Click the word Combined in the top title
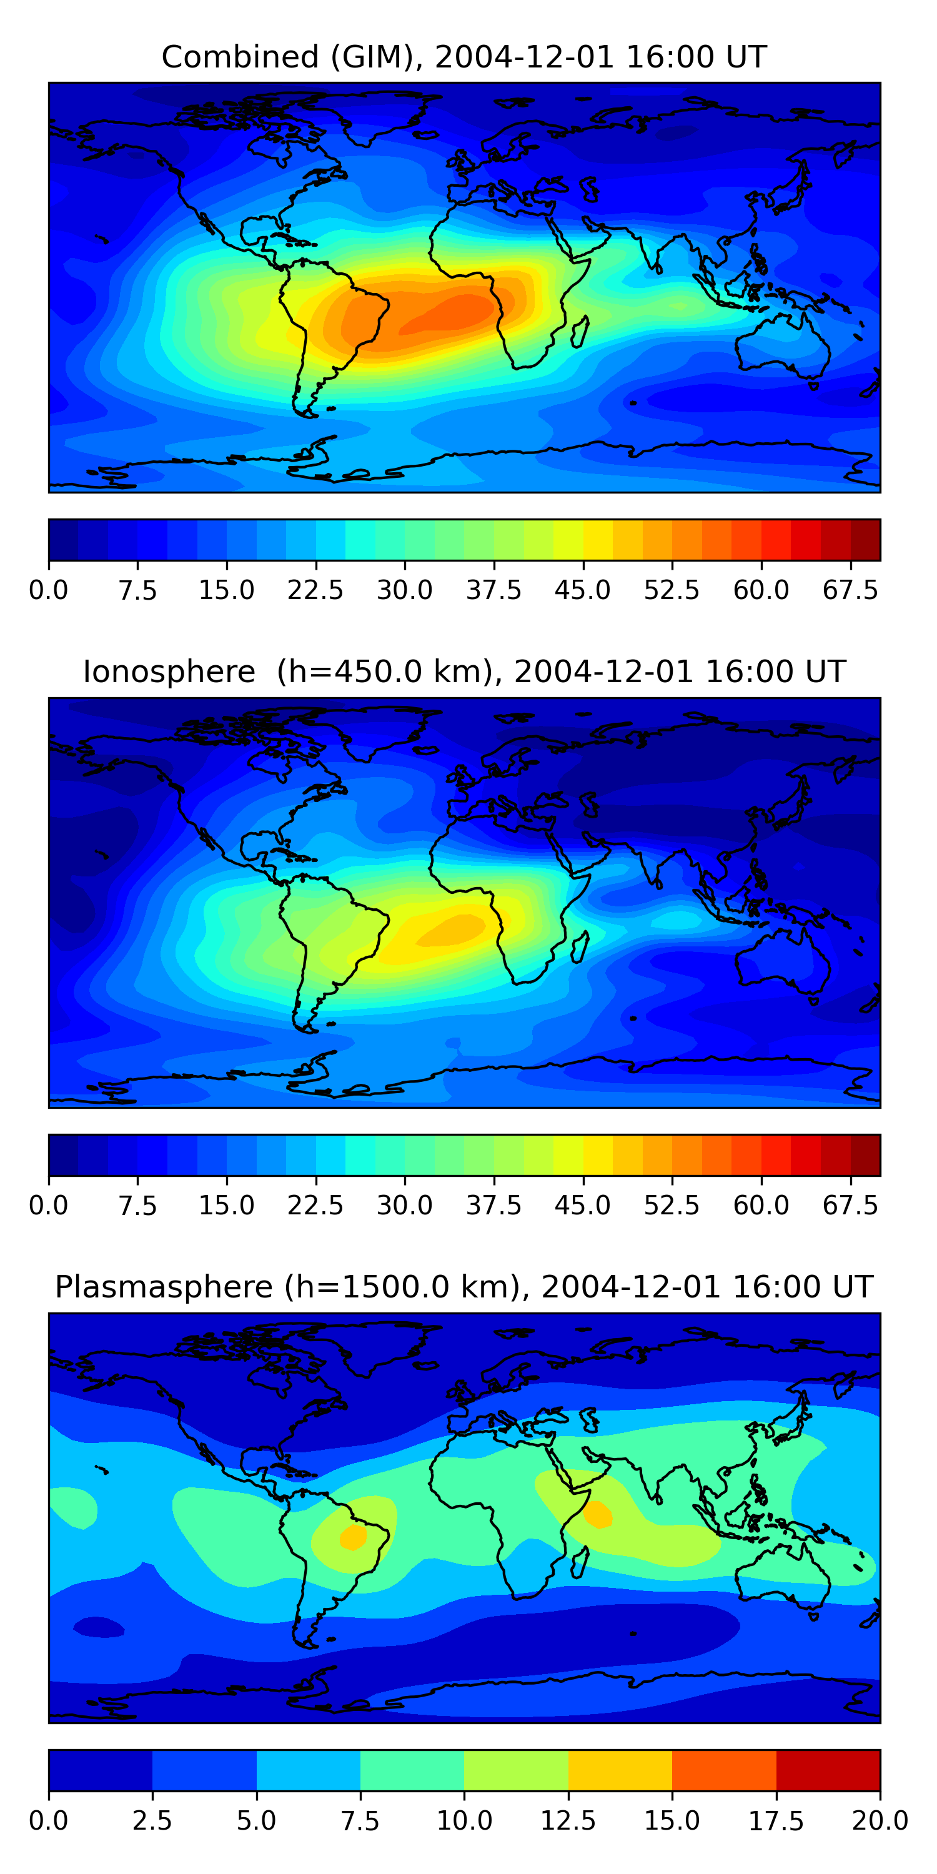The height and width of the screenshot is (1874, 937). click(x=240, y=57)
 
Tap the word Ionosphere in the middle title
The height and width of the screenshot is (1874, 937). click(x=169, y=672)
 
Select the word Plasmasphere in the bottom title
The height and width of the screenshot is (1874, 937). click(x=164, y=1287)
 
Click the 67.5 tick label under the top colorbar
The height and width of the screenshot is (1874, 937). click(x=850, y=590)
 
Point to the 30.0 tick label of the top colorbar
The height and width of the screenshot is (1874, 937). click(x=405, y=590)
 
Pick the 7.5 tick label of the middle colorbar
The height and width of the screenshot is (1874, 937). click(x=137, y=1206)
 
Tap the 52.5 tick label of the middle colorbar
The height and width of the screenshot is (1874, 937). click(x=672, y=1206)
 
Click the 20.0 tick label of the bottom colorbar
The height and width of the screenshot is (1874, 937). click(x=880, y=1821)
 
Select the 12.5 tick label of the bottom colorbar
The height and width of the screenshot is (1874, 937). click(x=568, y=1821)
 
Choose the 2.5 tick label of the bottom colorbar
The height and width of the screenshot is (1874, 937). click(x=152, y=1821)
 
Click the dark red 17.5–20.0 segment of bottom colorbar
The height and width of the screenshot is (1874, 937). click(x=828, y=1770)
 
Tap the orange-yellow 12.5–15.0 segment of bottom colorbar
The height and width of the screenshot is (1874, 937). click(x=620, y=1770)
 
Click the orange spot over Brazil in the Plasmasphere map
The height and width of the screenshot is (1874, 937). click(x=354, y=1537)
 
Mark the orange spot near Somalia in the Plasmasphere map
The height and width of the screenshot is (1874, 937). click(x=598, y=1514)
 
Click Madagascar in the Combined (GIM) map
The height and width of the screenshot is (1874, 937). click(x=580, y=332)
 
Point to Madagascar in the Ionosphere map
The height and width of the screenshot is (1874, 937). click(x=580, y=947)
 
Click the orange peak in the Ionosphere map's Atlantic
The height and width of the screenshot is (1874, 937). click(x=456, y=928)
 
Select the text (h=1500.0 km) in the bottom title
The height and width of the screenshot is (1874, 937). click(x=403, y=1287)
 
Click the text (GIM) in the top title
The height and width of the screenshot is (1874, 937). click(x=377, y=57)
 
